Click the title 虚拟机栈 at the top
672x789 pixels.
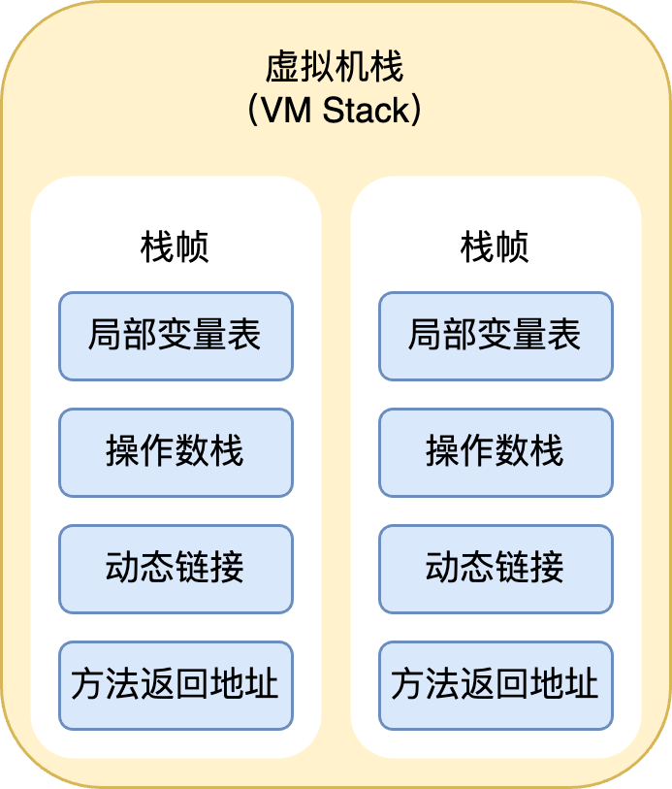pos(335,68)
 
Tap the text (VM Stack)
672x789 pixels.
pos(335,111)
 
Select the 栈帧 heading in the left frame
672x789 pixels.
pos(175,247)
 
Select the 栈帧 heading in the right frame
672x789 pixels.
pos(495,247)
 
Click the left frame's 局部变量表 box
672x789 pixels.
pos(176,336)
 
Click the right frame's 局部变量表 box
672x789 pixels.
pos(496,336)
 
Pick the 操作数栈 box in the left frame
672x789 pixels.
pos(176,452)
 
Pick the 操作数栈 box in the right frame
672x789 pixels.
pos(496,452)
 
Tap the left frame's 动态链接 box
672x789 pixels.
pos(176,569)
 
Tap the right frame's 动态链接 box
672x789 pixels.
pos(496,569)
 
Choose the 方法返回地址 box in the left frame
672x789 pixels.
pos(176,685)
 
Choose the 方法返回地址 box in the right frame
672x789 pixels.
pos(496,685)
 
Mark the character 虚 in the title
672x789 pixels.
pos(283,68)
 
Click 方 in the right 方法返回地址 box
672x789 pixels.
pos(408,685)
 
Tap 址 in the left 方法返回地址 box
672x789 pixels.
pos(262,685)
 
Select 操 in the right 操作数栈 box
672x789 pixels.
pos(443,452)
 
